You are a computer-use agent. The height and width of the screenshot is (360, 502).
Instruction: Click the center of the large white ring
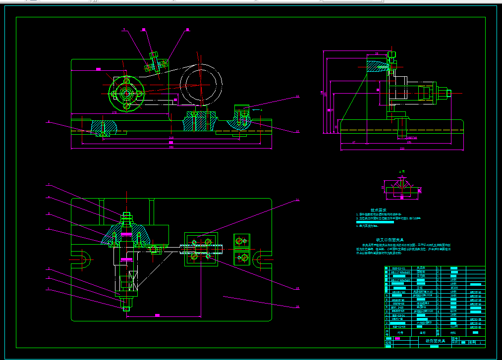pyautogui.click(x=201, y=84)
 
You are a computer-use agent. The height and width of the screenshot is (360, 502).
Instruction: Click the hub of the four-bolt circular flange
pyautogui.click(x=126, y=93)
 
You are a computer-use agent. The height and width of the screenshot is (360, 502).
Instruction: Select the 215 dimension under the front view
pyautogui.click(x=171, y=137)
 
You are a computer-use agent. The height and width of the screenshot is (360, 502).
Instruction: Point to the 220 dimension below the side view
pyautogui.click(x=402, y=148)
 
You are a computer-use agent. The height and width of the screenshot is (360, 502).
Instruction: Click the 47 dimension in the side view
pyautogui.click(x=354, y=143)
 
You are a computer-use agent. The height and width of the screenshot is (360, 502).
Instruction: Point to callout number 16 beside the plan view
pyautogui.click(x=297, y=307)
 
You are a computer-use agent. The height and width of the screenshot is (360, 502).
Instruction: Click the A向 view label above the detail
pyautogui.click(x=402, y=172)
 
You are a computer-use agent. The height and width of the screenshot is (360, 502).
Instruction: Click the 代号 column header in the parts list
pyautogui.click(x=400, y=333)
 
